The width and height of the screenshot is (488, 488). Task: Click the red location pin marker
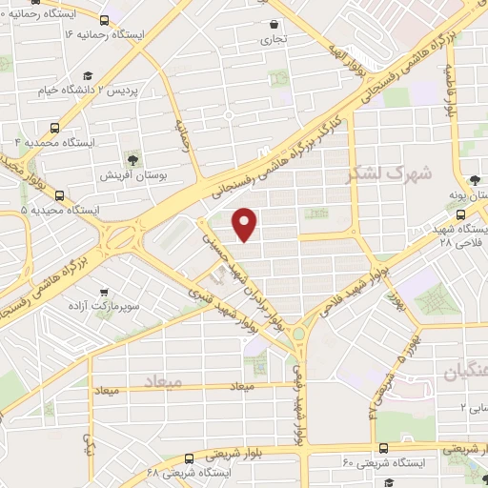tap(245, 224)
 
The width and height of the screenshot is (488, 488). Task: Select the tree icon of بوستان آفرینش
tap(132, 159)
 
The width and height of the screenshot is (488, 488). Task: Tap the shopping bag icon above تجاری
tap(274, 25)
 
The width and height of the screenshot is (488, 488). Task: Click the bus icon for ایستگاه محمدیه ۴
tap(55, 126)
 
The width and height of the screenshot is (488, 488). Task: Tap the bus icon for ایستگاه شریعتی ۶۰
tap(383, 447)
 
